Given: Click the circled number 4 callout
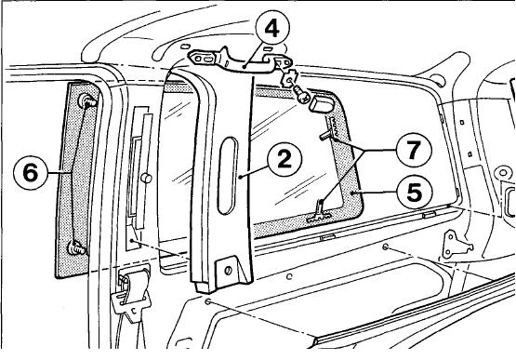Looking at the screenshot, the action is point(271,29).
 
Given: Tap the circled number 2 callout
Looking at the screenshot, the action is point(284,159).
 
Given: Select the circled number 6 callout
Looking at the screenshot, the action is point(31,172).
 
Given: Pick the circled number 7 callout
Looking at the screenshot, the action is point(414,150).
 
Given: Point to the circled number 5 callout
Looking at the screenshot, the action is point(415,192).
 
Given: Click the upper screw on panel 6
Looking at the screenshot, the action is point(87,100).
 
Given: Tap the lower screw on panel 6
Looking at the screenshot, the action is point(76,247).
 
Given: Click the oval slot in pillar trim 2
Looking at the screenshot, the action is point(228,176).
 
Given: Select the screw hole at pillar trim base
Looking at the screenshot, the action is point(228,271).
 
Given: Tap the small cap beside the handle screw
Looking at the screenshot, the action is point(320,102).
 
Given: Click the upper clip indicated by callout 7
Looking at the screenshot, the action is point(329,133).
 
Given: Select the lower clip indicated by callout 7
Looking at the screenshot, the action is point(319,211).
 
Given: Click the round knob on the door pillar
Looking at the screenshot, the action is point(146,179).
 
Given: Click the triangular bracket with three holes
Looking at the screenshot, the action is point(456,245).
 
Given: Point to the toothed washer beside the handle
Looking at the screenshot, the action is point(289,80).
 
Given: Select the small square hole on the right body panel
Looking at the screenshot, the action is point(470,153).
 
